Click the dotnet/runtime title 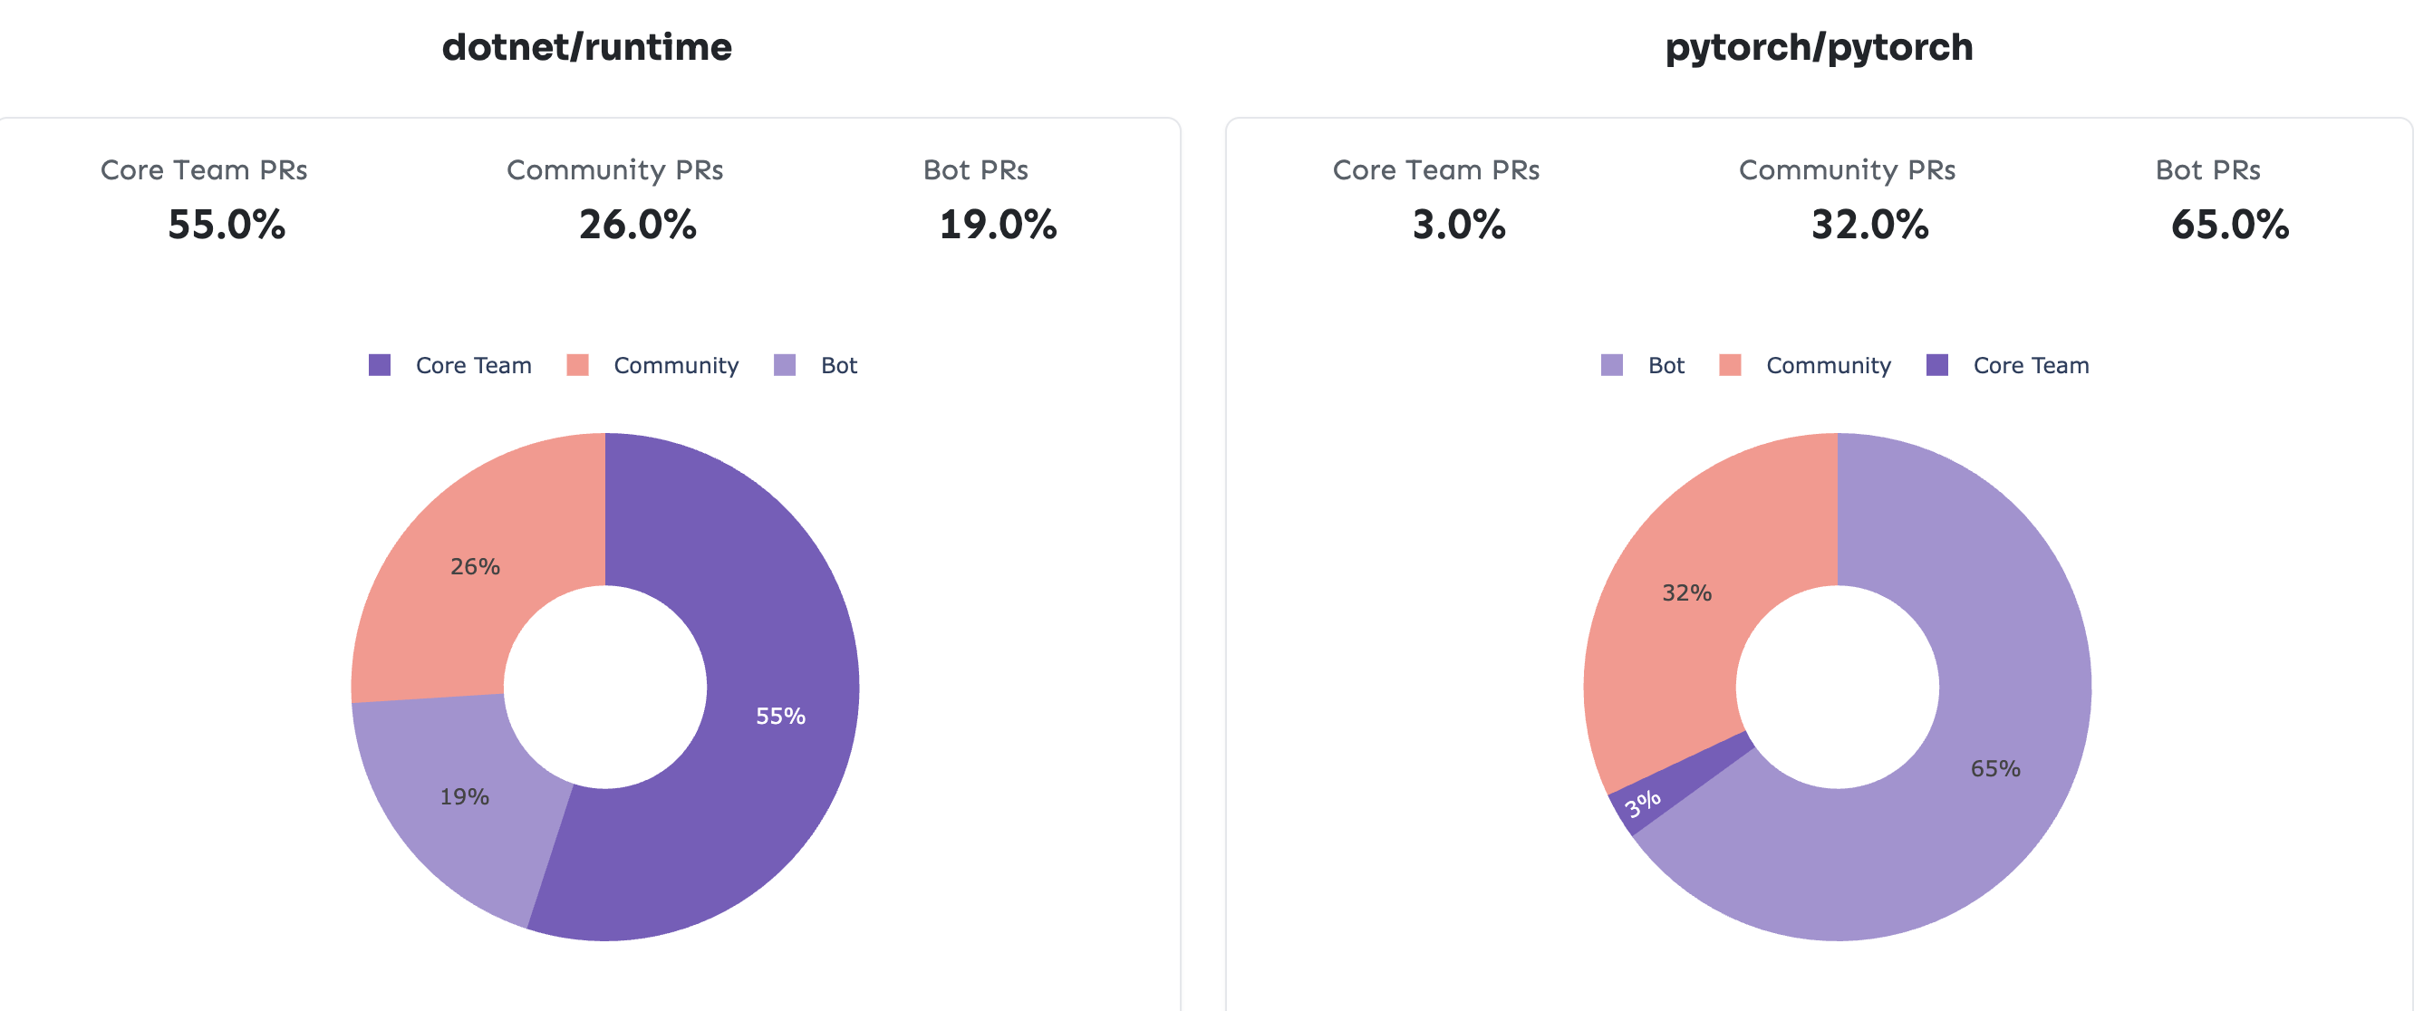coord(586,47)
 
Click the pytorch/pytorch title coord(1818,47)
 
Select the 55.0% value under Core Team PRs coord(227,225)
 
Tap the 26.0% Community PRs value coord(637,225)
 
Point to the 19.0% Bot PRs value coord(998,225)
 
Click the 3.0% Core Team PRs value coord(1459,225)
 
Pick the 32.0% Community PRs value coord(1869,225)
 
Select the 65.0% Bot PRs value coord(2230,225)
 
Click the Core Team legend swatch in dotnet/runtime coord(380,365)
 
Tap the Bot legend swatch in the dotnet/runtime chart coord(785,365)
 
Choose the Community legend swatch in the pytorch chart coord(1730,365)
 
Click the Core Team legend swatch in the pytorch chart coord(1937,365)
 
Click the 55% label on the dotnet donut coord(780,717)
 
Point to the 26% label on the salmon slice coord(475,567)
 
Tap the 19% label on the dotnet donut coord(465,797)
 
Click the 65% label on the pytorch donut coord(1995,769)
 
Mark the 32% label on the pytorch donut coord(1686,593)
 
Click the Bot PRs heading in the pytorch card coord(2207,170)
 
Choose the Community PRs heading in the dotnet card coord(614,170)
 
